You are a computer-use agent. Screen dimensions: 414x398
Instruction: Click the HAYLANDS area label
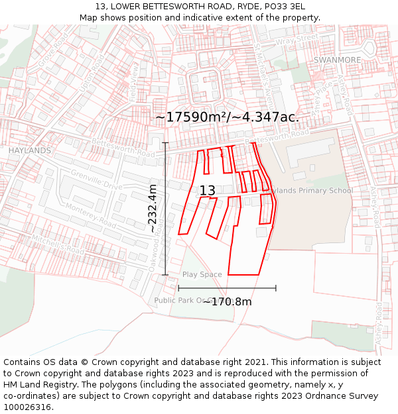click(30, 151)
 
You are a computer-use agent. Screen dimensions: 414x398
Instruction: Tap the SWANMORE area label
click(337, 60)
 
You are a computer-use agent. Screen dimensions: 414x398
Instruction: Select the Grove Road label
click(53, 50)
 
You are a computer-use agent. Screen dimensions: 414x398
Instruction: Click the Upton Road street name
click(92, 74)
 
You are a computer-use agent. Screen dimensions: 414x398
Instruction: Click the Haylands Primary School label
click(309, 191)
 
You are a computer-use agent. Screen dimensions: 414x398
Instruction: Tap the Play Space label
click(202, 274)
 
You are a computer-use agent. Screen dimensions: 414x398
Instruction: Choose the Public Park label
click(174, 300)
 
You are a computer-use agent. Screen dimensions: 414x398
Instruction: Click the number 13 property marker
click(207, 191)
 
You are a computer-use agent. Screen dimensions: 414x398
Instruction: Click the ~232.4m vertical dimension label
click(153, 208)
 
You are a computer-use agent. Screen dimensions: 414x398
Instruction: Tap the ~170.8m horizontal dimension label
click(227, 302)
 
